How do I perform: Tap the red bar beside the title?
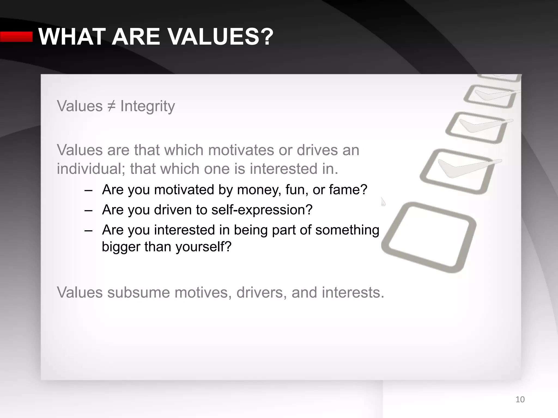click(x=16, y=37)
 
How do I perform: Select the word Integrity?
click(x=147, y=106)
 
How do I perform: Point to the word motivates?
click(x=241, y=150)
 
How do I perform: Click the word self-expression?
click(x=262, y=210)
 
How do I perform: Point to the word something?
click(x=347, y=230)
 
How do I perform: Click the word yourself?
click(x=203, y=247)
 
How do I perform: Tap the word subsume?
click(x=138, y=293)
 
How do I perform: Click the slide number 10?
click(x=520, y=399)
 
